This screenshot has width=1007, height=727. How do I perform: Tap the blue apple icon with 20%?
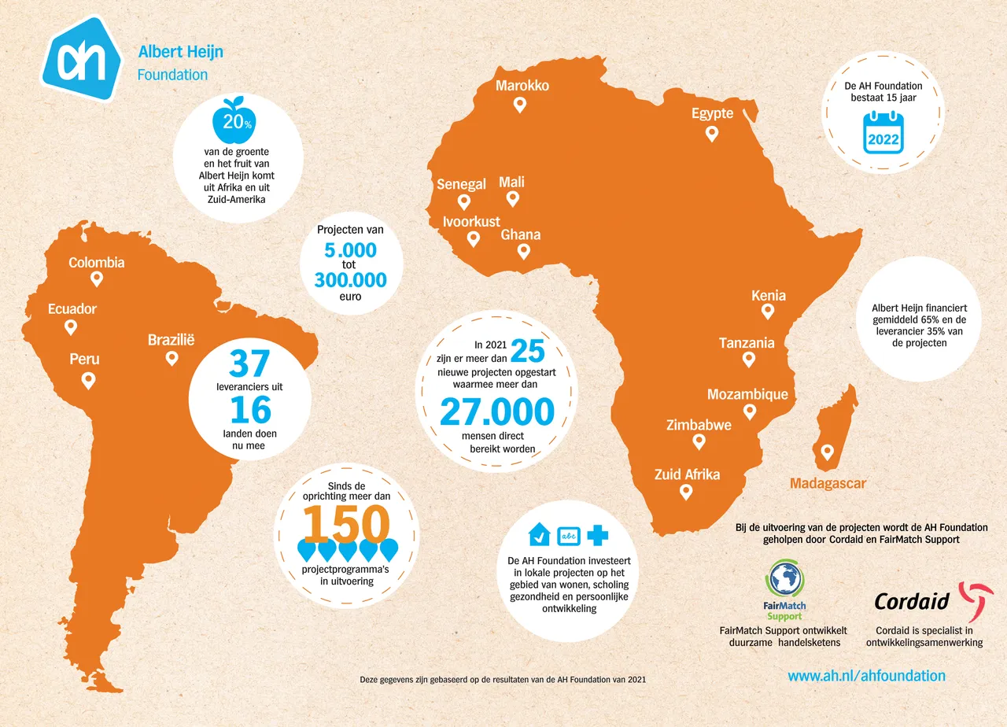[233, 121]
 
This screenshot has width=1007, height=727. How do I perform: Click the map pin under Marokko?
[519, 105]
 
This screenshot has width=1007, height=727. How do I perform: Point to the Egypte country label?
[712, 113]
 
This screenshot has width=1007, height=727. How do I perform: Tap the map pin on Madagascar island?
[827, 452]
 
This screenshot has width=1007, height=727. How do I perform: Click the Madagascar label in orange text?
[828, 483]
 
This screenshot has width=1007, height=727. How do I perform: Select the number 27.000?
[496, 411]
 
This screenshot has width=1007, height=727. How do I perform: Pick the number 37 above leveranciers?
[250, 363]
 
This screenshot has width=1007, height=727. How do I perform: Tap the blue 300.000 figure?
[350, 280]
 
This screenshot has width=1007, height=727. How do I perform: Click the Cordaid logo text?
[912, 602]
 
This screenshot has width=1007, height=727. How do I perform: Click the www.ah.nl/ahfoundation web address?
[866, 675]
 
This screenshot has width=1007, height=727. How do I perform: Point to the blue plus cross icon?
[597, 535]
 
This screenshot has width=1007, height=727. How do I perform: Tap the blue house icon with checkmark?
[539, 534]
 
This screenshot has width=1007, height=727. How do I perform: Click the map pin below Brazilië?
[172, 359]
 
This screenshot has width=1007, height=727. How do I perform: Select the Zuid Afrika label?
[687, 474]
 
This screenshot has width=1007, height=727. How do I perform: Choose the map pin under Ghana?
[523, 252]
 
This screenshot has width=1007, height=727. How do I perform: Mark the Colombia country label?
[97, 262]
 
